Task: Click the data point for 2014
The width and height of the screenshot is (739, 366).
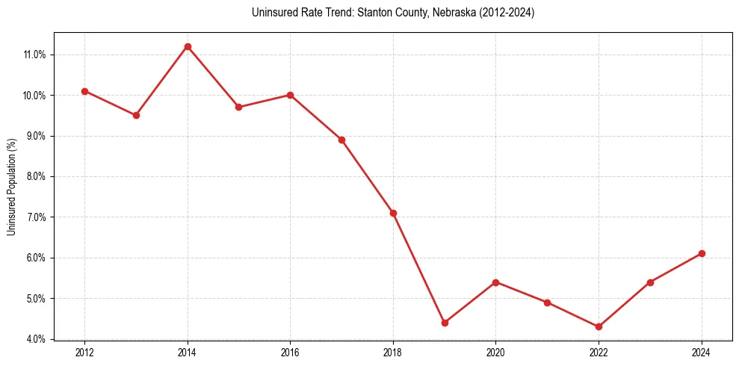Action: (188, 46)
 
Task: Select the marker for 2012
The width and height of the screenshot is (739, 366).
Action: (84, 91)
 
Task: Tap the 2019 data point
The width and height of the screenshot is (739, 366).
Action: (445, 323)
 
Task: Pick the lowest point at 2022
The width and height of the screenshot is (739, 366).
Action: (599, 326)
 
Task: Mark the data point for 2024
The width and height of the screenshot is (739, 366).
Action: (702, 253)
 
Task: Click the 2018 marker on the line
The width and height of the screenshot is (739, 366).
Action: (393, 213)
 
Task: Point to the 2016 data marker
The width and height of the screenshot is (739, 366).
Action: (290, 95)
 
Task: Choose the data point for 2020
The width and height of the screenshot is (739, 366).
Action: (496, 282)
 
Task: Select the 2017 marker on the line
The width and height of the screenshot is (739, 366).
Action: (341, 140)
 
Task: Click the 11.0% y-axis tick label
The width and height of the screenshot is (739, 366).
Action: (35, 55)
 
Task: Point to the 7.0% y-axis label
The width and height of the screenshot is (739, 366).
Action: (37, 217)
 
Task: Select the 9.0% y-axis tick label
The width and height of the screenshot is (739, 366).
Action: (37, 136)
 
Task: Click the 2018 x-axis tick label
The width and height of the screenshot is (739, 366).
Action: (393, 352)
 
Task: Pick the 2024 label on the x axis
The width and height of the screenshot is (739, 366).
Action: (702, 352)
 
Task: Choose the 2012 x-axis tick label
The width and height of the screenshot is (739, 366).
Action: (84, 352)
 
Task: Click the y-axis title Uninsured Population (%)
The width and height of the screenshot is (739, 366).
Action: (12, 186)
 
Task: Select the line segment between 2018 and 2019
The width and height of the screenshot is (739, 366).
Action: (418, 267)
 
